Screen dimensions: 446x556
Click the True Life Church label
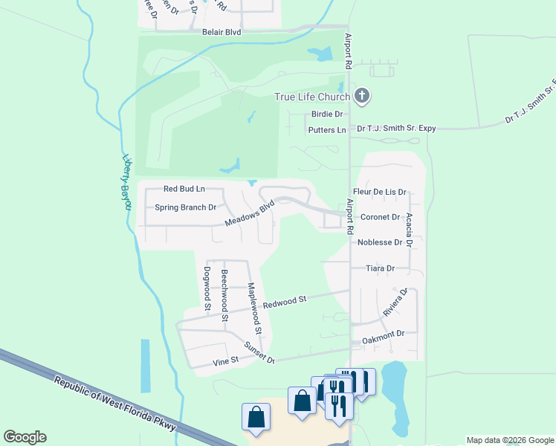312,97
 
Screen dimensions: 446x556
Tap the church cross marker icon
362,95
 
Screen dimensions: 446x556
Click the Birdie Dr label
327,114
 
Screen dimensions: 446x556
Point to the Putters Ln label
327,130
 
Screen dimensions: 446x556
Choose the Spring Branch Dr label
185,207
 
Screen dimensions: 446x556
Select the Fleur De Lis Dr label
379,192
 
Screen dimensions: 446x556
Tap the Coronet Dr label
381,217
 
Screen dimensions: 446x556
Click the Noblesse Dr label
379,242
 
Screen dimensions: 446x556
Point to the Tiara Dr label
380,268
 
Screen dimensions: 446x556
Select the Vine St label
224,361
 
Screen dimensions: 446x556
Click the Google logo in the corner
25,437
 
